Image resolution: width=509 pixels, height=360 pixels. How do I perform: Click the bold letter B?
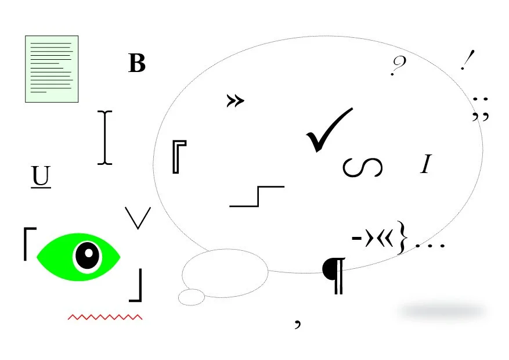[x=137, y=63]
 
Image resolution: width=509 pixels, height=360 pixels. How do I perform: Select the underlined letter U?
[x=41, y=177]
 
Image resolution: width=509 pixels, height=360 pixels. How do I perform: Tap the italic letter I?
[x=426, y=164]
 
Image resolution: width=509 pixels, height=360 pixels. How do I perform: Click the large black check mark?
[x=327, y=130]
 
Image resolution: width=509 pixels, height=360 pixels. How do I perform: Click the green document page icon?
[x=52, y=69]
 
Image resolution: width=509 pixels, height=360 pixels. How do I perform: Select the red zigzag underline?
[x=105, y=317]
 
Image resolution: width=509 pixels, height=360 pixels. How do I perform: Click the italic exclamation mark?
[x=467, y=60]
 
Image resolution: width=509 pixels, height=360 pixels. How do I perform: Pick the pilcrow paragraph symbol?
[x=335, y=274]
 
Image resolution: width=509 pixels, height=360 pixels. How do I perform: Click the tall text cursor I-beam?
[x=104, y=138]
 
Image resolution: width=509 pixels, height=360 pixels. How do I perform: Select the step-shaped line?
[x=257, y=196]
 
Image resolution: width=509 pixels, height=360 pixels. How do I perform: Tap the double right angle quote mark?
[x=235, y=101]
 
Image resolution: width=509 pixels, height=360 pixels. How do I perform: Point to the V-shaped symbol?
[x=138, y=217]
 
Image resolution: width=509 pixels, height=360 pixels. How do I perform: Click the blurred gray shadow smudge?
[x=442, y=311]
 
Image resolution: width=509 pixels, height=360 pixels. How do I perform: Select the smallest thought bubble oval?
[x=191, y=297]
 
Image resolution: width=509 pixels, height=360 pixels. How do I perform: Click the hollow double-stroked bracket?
[x=179, y=156]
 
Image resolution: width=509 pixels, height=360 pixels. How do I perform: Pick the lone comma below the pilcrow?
[x=298, y=322]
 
